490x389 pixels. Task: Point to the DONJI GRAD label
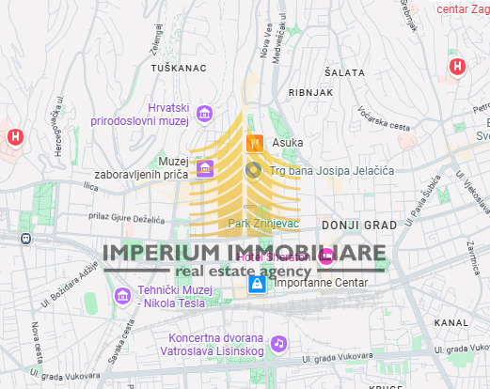pos(359,226)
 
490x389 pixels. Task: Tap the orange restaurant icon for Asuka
pos(253,143)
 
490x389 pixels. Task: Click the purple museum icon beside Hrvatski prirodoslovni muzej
pos(204,115)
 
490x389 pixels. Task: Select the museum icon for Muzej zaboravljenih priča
pos(204,169)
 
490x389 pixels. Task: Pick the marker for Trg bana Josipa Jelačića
pos(253,170)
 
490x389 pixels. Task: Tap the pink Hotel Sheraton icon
pos(326,256)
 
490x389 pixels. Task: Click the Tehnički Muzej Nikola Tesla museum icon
pos(122,297)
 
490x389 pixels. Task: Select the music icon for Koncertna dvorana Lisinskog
pos(278,344)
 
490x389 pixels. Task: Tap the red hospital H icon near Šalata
pos(457,67)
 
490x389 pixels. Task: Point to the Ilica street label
pos(92,188)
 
